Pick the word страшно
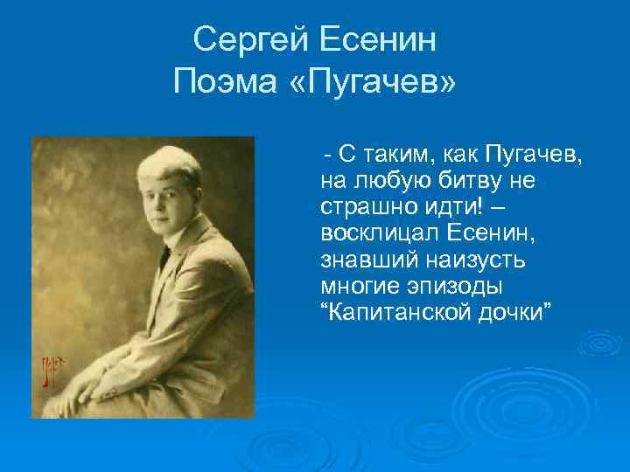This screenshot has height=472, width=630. (367, 208)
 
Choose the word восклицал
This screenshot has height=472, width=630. (368, 234)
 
